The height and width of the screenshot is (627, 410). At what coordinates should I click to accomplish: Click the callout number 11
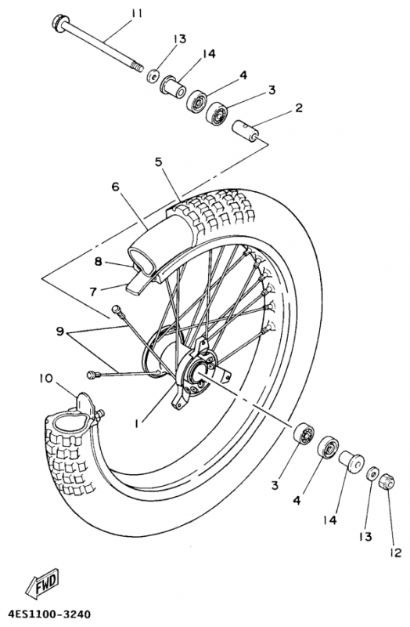coord(138,13)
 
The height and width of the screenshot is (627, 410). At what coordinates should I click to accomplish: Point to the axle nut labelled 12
coord(386,484)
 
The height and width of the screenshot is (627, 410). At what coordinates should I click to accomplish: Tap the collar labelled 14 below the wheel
coord(349,462)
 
